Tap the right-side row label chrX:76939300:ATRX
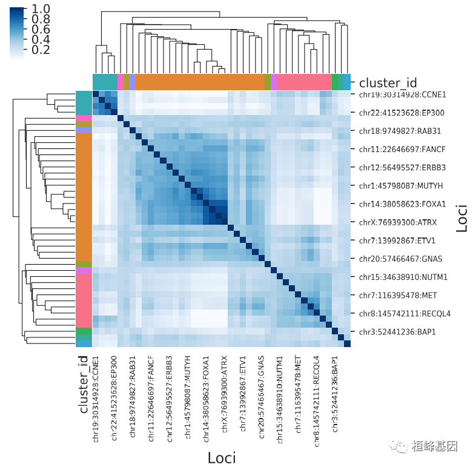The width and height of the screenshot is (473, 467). (393, 222)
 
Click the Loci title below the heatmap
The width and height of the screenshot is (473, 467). (222, 457)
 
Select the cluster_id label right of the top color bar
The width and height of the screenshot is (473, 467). (388, 82)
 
